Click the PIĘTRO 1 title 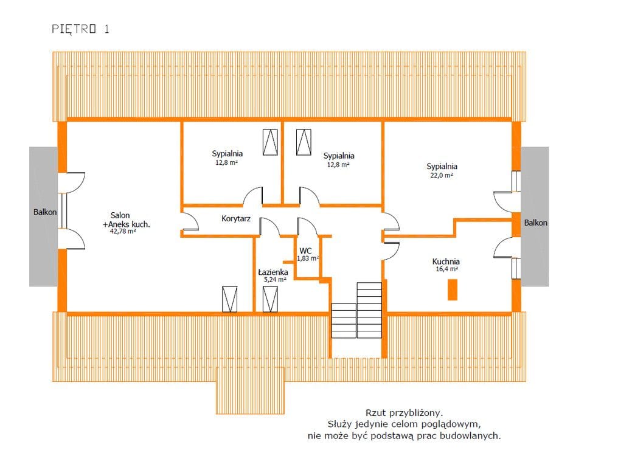(80, 29)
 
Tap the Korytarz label (235, 218)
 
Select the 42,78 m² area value (123, 231)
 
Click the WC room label (305, 251)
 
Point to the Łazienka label (273, 272)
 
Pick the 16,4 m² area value (446, 269)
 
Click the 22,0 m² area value (441, 175)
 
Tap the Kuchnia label (446, 261)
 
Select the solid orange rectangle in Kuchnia (453, 289)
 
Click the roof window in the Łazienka (270, 300)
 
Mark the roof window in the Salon (230, 300)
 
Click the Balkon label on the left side (45, 212)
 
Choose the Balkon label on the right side (535, 223)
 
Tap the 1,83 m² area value (308, 258)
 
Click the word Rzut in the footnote (375, 413)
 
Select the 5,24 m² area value (275, 280)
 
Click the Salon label (120, 215)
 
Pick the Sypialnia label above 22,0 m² (442, 166)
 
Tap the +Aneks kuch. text (126, 224)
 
